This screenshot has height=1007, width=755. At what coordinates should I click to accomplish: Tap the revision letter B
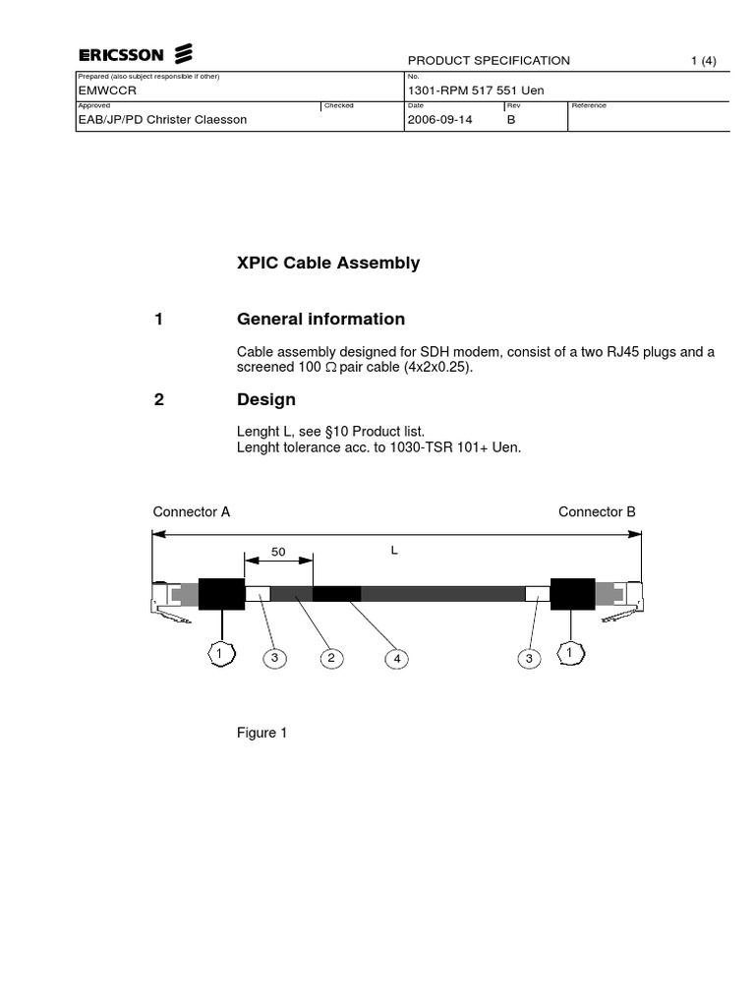[x=511, y=120]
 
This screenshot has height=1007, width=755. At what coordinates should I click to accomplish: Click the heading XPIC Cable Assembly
[x=328, y=264]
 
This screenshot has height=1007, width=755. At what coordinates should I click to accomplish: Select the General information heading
[x=320, y=319]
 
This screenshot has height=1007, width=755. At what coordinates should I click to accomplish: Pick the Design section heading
[x=266, y=400]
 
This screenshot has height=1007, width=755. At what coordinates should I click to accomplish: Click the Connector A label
[x=192, y=511]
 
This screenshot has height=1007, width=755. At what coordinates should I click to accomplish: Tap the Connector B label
[x=597, y=511]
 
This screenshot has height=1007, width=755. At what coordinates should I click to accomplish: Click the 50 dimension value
[x=278, y=553]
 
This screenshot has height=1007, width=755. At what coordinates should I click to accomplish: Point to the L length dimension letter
[x=394, y=551]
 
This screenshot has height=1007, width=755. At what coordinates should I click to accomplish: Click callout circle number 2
[x=332, y=659]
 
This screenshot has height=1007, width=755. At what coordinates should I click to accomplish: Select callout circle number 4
[x=397, y=659]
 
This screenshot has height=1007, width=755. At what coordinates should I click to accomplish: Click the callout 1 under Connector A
[x=221, y=653]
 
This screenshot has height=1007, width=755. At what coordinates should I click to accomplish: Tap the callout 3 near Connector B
[x=529, y=659]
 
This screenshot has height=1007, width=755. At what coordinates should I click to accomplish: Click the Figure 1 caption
[x=261, y=733]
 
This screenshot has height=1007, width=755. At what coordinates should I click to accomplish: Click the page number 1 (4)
[x=703, y=60]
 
